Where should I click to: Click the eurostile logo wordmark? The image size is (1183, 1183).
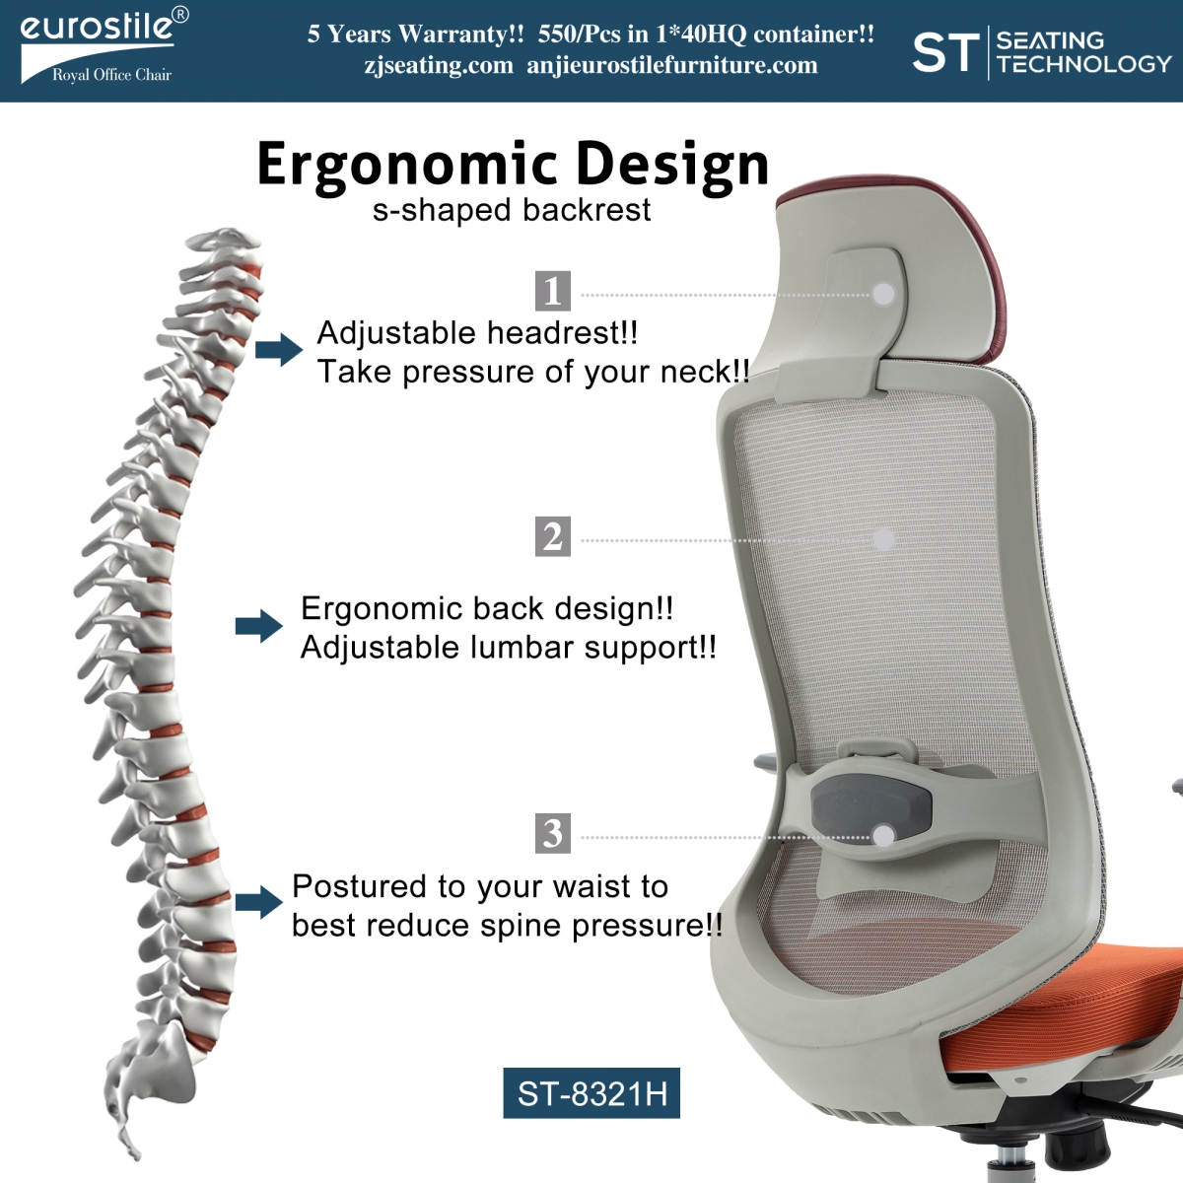point(97,27)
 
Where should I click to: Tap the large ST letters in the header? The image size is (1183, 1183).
point(945,52)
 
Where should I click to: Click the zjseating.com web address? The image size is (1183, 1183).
point(439,65)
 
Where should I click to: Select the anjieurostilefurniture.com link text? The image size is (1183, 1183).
point(672,65)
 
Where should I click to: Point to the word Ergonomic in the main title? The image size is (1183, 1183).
point(407,165)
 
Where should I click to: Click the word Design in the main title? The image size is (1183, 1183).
point(672,165)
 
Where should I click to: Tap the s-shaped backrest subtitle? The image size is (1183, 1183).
point(512,211)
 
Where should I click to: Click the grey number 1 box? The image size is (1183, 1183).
point(552,291)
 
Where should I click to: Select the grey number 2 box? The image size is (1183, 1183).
point(552,536)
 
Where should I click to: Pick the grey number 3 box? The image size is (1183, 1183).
point(552,833)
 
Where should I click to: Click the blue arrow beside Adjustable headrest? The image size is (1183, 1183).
point(279,350)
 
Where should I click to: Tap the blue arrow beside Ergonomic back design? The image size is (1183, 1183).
point(259,626)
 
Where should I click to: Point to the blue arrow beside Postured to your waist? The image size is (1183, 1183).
point(259,902)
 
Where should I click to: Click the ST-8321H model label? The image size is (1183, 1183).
point(591,1092)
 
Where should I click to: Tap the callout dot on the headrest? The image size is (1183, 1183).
point(883,294)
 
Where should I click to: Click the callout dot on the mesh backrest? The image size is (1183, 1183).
point(883,539)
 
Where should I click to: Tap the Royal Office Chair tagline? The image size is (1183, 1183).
point(111,75)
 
